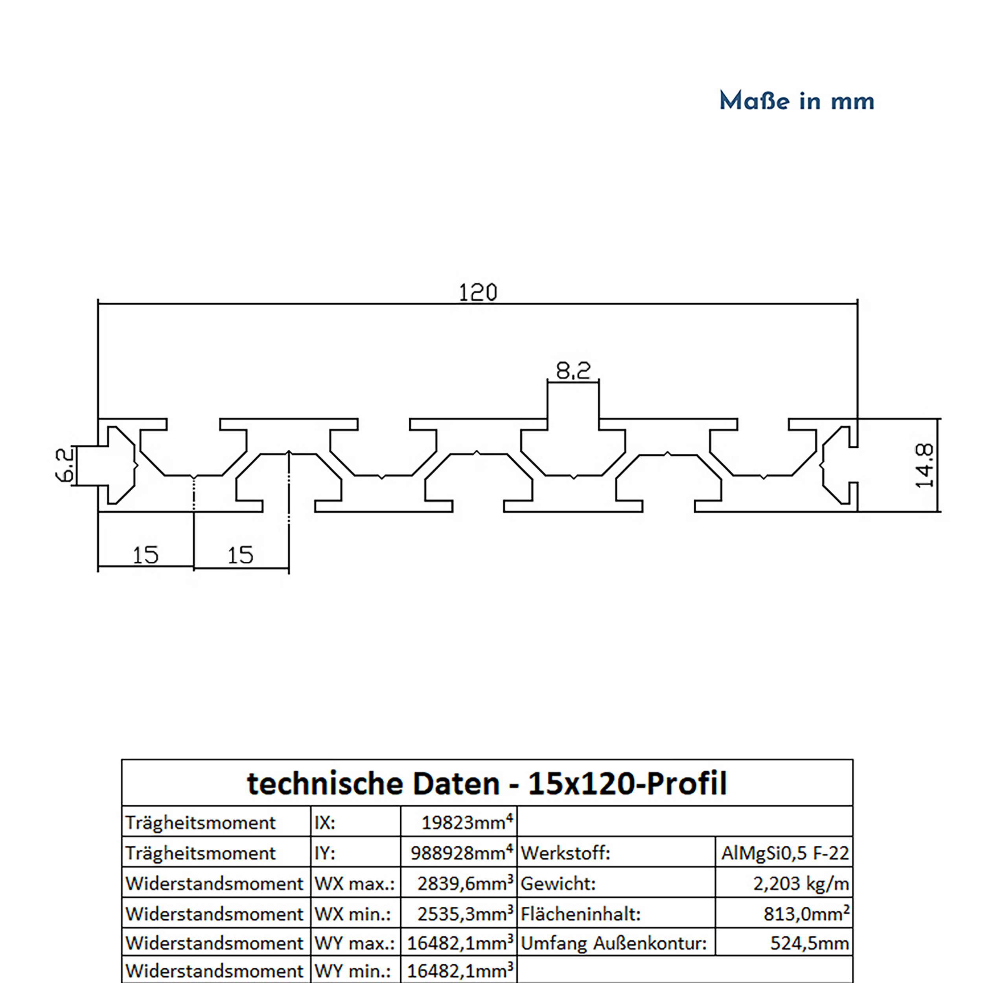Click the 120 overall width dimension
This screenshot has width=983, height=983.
(477, 293)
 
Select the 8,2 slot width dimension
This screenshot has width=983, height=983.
(573, 370)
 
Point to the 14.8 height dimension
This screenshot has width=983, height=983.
(924, 465)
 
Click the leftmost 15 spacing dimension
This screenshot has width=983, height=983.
(145, 555)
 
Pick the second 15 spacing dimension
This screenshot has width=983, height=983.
(240, 555)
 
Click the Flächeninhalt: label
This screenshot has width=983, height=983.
(580, 914)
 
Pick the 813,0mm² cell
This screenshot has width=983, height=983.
(806, 914)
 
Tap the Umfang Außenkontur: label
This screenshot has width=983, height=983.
(614, 943)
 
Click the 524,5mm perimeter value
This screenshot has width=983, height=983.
(809, 943)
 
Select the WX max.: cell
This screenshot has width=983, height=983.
(354, 883)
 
